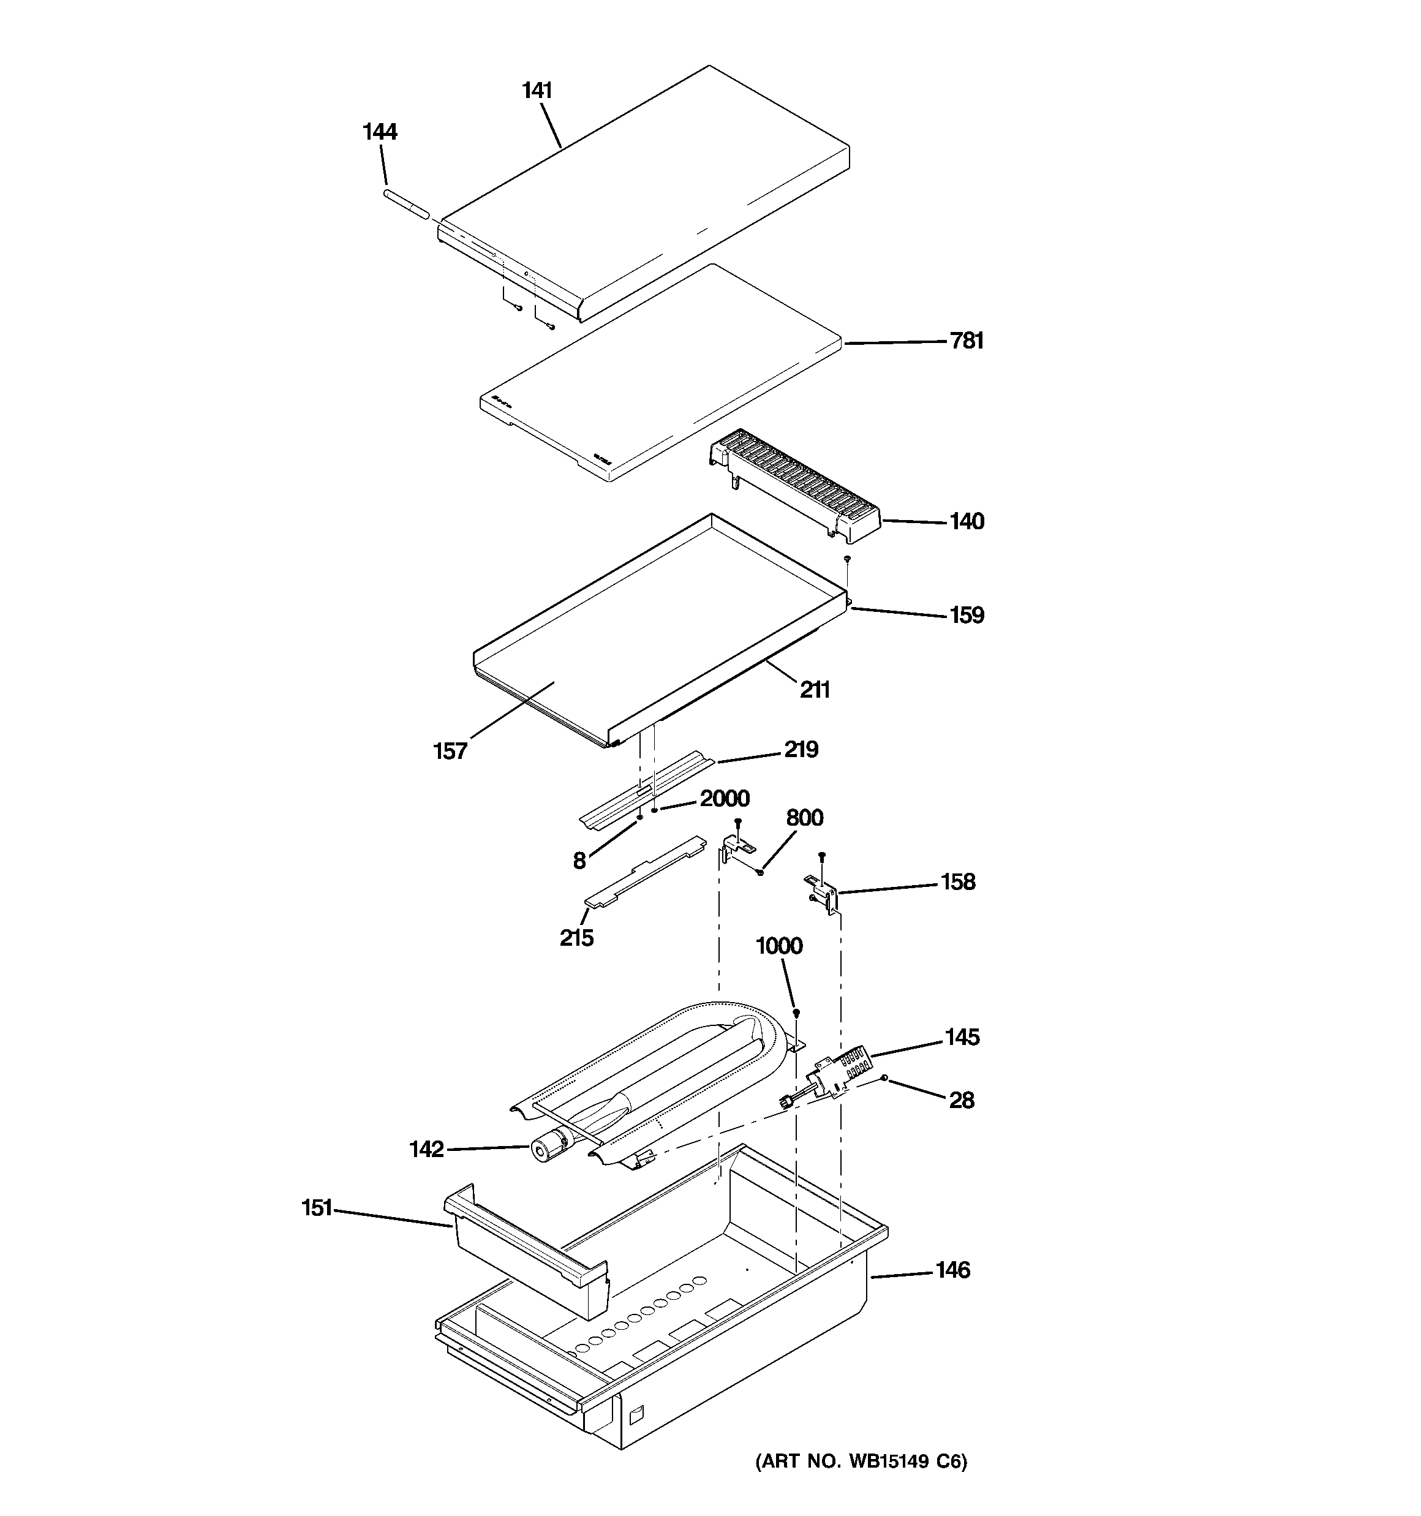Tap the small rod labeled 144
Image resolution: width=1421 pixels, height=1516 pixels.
pos(406,206)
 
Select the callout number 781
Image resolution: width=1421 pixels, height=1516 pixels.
pos(967,341)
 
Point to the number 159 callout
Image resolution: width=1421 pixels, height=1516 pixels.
pos(967,616)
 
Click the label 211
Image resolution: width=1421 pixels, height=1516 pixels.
pos(815,690)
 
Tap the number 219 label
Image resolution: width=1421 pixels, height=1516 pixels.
pos(801,750)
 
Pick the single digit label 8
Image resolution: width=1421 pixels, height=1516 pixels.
pos(579,861)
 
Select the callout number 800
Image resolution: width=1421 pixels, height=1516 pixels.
pos(804,818)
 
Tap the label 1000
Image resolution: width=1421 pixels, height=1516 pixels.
pos(778,946)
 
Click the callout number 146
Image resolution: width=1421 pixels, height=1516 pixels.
pos(952,1270)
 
